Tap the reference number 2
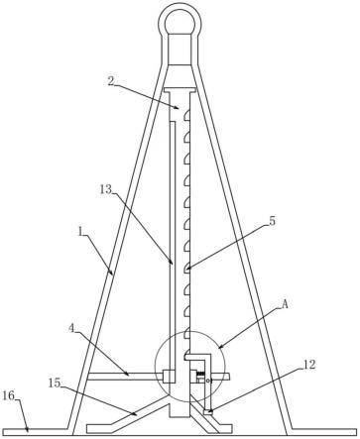(112, 81)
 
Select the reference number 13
(106, 189)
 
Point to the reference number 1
(80, 232)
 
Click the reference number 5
(272, 221)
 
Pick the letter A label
(285, 304)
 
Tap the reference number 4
(71, 329)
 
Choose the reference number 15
(55, 384)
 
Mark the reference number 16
(9, 395)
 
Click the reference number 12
(309, 365)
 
